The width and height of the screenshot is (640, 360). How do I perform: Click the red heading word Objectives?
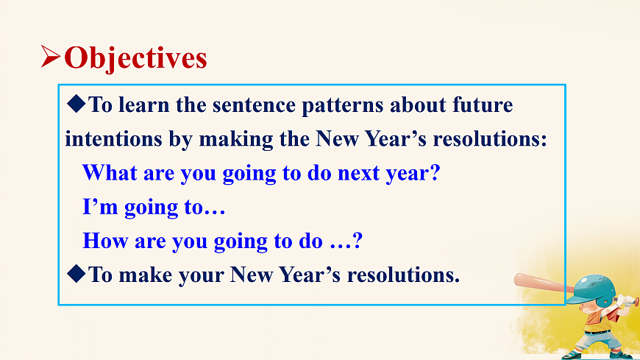(x=135, y=58)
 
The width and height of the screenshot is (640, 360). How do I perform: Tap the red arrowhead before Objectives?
(x=51, y=57)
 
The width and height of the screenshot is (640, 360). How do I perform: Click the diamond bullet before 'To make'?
(x=77, y=273)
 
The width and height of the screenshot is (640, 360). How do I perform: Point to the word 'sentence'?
(x=254, y=105)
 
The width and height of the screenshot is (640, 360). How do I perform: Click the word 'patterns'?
(x=343, y=106)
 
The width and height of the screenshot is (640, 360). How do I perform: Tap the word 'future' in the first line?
(x=483, y=105)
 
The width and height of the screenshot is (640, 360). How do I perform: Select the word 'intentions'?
(x=113, y=139)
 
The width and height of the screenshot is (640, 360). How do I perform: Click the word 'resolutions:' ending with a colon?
(x=490, y=139)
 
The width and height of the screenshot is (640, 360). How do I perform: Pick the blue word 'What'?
(x=110, y=173)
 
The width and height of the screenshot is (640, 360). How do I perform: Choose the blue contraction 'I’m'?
(x=100, y=207)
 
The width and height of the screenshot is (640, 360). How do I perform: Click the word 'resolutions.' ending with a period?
(x=403, y=275)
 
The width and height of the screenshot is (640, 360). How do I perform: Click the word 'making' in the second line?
(x=236, y=140)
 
